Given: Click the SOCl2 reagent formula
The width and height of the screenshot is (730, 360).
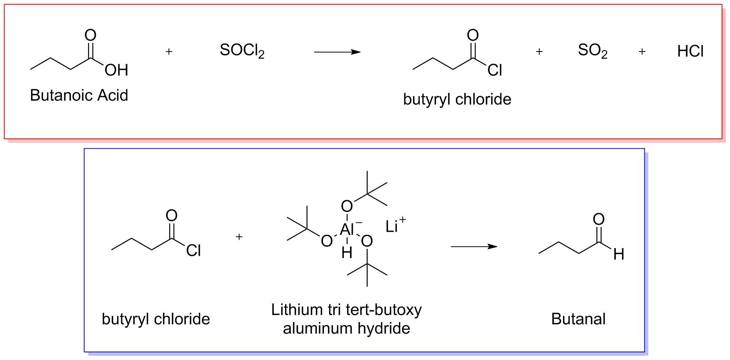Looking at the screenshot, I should (x=242, y=51).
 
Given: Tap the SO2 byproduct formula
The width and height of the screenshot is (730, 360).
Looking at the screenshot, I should (x=593, y=51).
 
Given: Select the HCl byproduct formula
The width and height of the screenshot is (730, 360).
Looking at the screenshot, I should (x=690, y=51).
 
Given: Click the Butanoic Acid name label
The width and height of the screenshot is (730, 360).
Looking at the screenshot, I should (x=79, y=95).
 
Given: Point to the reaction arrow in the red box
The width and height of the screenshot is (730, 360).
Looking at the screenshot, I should (x=337, y=52).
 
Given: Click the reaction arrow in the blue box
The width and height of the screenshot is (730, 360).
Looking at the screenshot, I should (x=474, y=246).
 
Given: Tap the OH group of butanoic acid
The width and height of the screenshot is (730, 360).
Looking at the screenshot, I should (x=116, y=70).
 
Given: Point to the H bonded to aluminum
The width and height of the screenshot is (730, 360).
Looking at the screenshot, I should (x=347, y=253).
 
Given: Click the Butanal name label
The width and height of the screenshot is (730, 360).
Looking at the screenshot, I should (x=578, y=319).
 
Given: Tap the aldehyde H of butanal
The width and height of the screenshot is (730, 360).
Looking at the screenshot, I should (x=618, y=254).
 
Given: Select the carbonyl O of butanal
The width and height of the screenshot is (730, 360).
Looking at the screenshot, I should (x=598, y=219).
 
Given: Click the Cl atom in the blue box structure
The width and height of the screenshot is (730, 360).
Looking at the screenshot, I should (x=193, y=250).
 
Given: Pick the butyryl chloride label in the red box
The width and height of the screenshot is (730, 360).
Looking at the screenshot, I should (x=457, y=99).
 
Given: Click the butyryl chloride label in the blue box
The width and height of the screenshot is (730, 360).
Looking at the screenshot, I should (x=156, y=319).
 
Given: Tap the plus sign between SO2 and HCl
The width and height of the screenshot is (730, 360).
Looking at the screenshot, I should (x=642, y=51).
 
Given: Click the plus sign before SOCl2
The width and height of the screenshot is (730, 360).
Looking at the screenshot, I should (x=169, y=51).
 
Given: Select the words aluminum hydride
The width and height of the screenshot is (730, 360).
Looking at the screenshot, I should (x=346, y=328).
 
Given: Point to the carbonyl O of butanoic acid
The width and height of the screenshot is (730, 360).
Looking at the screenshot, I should (x=90, y=35).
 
